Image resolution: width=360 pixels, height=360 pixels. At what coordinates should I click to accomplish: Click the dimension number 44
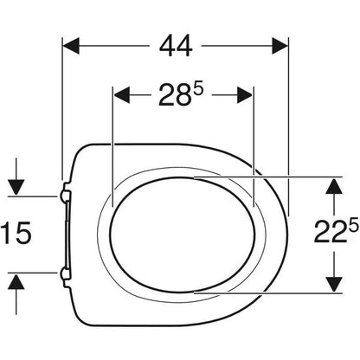coord(176,46)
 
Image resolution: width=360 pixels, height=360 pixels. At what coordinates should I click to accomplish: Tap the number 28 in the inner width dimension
coord(174,95)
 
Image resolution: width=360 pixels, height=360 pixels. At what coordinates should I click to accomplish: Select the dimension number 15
coord(16,233)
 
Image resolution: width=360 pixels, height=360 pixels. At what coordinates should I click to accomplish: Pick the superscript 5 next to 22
coord(353,225)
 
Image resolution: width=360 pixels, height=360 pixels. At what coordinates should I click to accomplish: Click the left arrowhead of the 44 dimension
coord(71,46)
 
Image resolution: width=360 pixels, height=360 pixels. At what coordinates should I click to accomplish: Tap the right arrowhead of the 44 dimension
coord(280,46)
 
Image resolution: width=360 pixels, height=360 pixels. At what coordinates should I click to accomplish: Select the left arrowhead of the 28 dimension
coord(122,95)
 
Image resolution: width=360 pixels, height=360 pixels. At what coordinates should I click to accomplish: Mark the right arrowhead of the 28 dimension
coord(245,95)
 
